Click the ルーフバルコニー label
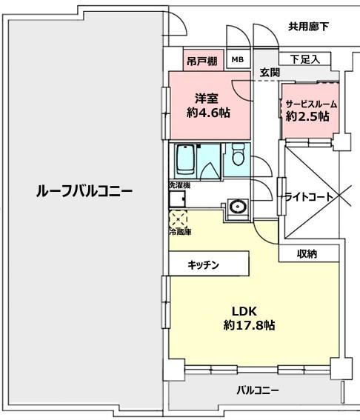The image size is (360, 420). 84,191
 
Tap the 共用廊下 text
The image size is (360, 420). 309,27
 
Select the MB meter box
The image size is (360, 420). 238,59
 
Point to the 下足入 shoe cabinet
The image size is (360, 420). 305,59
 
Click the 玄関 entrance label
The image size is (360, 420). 270,72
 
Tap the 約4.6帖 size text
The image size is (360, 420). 208,113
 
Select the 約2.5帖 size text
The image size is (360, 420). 307,116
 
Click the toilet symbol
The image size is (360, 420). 238,154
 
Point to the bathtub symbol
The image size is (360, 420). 185,159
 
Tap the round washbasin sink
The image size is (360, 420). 237,207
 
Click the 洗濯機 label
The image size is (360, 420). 179,185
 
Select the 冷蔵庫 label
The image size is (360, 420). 180,232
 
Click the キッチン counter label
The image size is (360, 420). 203,265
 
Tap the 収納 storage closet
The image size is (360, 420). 309,253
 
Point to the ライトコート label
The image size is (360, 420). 309,198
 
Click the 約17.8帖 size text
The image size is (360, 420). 249,325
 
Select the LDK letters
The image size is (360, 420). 244,312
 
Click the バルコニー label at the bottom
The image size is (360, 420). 258,390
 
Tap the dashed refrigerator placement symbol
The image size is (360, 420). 178,219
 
